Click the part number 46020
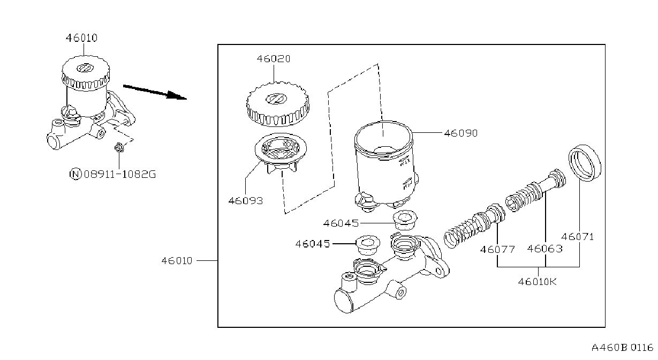[x=274, y=59]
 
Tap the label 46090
[x=460, y=133]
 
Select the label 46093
[x=246, y=201]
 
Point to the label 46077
[x=497, y=250]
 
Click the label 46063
[x=544, y=249]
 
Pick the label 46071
[x=578, y=237]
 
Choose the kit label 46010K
[x=538, y=282]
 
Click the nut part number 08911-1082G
[x=120, y=174]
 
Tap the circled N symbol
[x=75, y=174]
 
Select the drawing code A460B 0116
[x=622, y=348]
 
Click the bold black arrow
[x=155, y=92]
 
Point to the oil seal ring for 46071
[x=585, y=163]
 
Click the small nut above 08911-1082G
[x=119, y=147]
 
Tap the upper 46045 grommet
[x=405, y=220]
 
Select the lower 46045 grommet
[x=368, y=244]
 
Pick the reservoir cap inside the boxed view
[x=277, y=104]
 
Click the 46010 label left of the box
[x=177, y=261]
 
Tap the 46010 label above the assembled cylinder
[x=82, y=38]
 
